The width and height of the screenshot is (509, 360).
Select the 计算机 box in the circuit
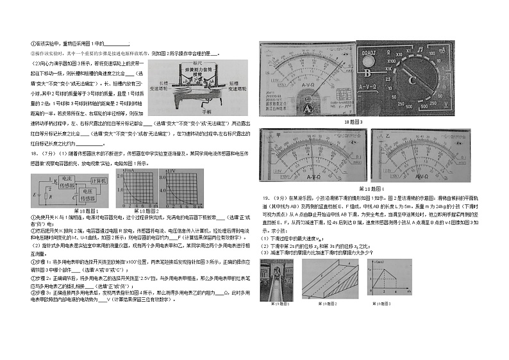[98, 182]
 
